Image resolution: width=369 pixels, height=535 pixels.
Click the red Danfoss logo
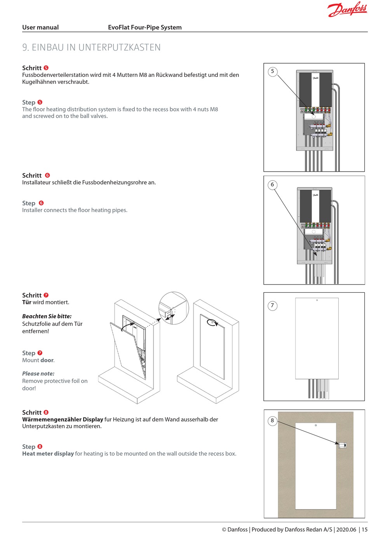click(347, 9)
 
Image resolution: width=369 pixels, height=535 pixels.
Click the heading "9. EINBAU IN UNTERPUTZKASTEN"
click(91, 47)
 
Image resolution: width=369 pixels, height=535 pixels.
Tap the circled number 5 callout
click(272, 71)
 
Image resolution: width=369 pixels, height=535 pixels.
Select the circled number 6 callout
click(272, 185)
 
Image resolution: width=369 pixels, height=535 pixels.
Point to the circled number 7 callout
click(272, 306)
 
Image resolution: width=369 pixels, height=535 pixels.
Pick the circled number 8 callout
click(272, 420)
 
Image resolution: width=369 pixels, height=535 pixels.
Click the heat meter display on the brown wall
click(342, 445)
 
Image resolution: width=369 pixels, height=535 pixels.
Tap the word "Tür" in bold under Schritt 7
click(27, 302)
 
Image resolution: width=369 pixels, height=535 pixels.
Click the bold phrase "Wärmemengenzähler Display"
click(63, 419)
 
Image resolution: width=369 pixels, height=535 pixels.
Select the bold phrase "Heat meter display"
click(48, 453)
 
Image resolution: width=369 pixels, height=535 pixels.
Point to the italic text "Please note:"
click(38, 373)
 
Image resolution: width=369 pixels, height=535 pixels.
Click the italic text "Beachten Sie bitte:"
click(47, 316)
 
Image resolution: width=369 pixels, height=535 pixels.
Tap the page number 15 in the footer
click(364, 530)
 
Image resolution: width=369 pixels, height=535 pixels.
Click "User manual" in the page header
click(40, 27)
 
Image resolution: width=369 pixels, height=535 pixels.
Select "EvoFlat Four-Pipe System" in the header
click(144, 27)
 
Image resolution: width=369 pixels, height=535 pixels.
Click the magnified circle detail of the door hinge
click(173, 308)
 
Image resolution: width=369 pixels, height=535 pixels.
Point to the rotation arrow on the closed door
click(212, 323)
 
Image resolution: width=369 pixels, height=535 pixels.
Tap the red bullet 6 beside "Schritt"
click(47, 175)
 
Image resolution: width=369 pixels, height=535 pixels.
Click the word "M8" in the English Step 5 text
click(214, 109)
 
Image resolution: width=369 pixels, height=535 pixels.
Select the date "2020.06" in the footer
click(346, 530)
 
